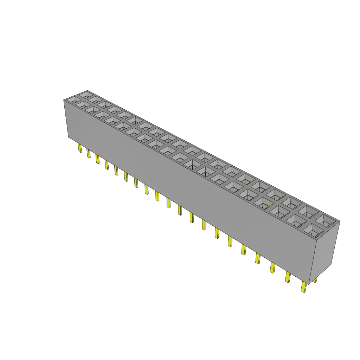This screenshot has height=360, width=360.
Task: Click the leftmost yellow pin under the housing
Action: (80, 148)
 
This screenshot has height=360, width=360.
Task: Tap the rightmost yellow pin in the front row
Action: (303, 287)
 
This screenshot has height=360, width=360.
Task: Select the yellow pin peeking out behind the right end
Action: (315, 280)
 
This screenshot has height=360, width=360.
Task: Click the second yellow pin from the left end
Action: (89, 153)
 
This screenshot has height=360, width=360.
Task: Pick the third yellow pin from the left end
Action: (97, 159)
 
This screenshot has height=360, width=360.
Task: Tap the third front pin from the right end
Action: (272, 268)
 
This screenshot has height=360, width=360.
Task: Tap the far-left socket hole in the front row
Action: (74, 100)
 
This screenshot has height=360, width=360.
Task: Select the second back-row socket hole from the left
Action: (95, 99)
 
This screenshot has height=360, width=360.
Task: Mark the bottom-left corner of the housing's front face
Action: (68, 137)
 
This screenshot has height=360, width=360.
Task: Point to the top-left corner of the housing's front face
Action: (64, 100)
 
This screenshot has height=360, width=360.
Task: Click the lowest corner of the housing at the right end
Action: (309, 284)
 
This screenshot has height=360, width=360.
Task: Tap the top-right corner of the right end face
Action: (340, 221)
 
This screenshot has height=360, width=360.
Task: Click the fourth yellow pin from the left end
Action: (106, 164)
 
